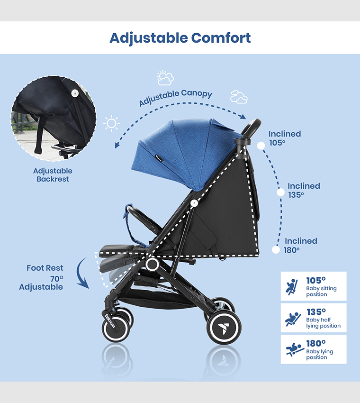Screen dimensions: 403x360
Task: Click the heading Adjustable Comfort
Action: (x=180, y=37)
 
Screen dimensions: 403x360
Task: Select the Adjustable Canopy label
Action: (x=175, y=98)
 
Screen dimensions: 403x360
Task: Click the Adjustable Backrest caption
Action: (x=53, y=175)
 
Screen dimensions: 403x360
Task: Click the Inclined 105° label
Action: (x=284, y=137)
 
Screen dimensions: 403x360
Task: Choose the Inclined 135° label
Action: (x=304, y=190)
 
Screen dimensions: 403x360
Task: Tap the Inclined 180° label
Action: (x=300, y=245)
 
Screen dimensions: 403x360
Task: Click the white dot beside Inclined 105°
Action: (x=261, y=145)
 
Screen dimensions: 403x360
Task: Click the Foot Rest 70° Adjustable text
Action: (x=43, y=277)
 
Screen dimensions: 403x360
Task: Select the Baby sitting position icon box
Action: (x=313, y=286)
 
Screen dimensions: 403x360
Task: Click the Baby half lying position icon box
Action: (x=313, y=318)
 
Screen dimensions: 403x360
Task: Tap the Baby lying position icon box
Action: (x=313, y=349)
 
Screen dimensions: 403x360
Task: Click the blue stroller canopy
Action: (x=180, y=152)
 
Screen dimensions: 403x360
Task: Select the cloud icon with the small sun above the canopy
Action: (x=165, y=78)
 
